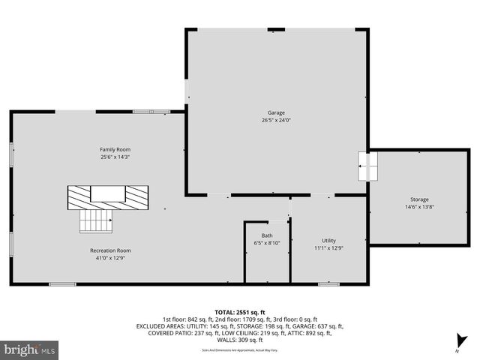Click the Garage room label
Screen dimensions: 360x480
point(276,112)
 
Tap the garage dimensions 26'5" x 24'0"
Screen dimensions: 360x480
point(276,120)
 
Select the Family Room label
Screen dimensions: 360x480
point(115,149)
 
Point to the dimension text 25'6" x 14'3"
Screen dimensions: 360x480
point(115,157)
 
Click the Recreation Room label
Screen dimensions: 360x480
point(110,250)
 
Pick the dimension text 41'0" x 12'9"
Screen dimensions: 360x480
point(110,258)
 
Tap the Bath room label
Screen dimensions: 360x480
point(267,235)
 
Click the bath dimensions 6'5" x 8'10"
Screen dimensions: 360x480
point(267,242)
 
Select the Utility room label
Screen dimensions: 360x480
point(328,240)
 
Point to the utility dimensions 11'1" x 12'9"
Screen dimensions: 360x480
point(328,247)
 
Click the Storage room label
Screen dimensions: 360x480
point(419,199)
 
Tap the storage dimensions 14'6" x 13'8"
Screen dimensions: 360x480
point(419,207)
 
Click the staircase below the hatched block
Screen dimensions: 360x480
point(96,220)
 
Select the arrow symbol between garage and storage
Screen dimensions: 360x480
point(366,166)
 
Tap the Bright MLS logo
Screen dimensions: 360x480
point(30,349)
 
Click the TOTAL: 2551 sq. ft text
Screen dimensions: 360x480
point(239,311)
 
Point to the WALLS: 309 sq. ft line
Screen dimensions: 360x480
point(239,340)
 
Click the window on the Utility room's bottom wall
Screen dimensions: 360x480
point(328,284)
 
